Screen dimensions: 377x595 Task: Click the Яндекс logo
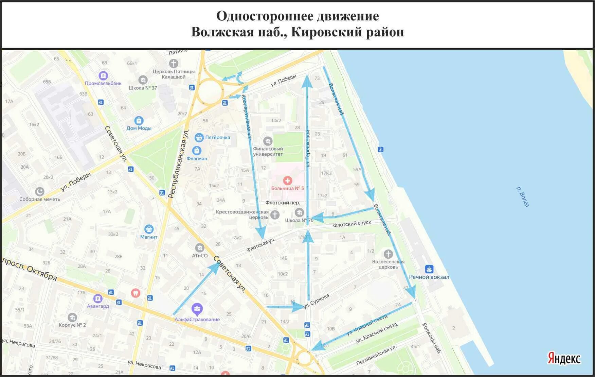(564, 358)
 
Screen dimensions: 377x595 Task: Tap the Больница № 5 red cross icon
(287, 181)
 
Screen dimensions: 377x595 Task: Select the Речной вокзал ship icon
(429, 269)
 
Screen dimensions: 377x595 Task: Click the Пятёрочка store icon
(199, 138)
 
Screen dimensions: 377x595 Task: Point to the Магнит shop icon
(149, 229)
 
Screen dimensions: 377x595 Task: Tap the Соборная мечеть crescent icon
(40, 191)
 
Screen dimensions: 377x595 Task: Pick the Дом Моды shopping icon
(139, 120)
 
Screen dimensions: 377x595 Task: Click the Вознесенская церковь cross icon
(388, 254)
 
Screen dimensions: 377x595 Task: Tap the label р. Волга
(523, 196)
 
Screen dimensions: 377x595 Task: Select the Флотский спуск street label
(352, 224)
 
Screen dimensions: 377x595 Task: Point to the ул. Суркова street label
(316, 301)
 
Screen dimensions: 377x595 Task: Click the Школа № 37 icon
(143, 80)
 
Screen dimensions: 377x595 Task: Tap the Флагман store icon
(197, 150)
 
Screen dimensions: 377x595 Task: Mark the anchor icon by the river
(381, 149)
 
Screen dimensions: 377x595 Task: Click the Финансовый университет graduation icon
(268, 141)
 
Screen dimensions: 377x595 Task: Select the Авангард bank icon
(97, 298)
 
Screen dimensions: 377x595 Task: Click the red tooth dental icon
(136, 292)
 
